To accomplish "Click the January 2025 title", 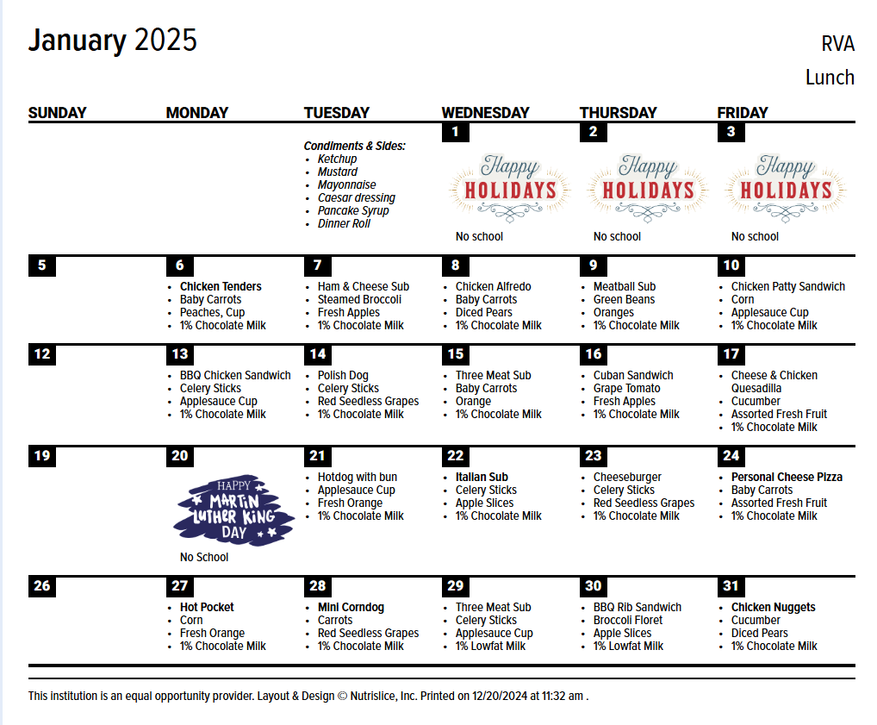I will click(x=113, y=41).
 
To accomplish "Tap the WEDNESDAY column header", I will click(x=485, y=113).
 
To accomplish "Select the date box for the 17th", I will click(x=731, y=354).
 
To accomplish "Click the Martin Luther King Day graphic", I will click(x=233, y=510).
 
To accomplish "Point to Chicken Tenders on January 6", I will click(x=221, y=287).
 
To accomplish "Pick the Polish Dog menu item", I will click(x=343, y=376).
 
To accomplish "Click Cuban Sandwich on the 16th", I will click(x=633, y=376).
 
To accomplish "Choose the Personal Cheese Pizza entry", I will click(x=787, y=478).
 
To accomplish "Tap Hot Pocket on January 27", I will click(x=207, y=608).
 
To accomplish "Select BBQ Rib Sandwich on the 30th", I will click(x=637, y=608).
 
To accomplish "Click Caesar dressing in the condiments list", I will click(x=356, y=198).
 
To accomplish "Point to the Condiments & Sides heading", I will click(x=354, y=147).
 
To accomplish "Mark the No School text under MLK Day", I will click(x=204, y=558).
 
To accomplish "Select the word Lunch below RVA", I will click(x=830, y=78).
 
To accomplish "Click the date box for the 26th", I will click(x=42, y=586).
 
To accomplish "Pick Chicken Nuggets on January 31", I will click(x=773, y=608).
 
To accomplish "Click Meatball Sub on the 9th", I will click(x=624, y=287).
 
